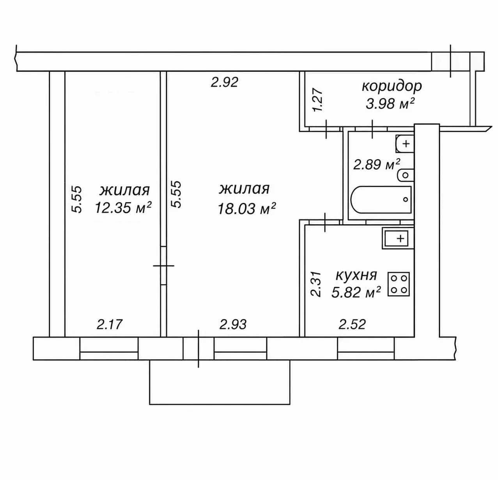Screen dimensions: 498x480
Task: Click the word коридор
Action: click(392, 87)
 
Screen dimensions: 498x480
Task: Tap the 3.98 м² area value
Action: click(390, 104)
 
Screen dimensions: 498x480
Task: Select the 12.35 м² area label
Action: click(123, 207)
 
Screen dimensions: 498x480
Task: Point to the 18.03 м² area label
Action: click(247, 208)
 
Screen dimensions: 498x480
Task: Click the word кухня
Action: click(356, 275)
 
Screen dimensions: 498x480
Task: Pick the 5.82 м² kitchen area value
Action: click(356, 292)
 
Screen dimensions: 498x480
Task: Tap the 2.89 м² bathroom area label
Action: click(376, 164)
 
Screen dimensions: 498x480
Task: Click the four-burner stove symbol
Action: click(399, 284)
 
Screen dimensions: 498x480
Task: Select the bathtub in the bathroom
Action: click(381, 200)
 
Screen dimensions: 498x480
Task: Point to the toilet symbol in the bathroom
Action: click(406, 175)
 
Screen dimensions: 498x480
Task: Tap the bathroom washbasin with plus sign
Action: click(405, 144)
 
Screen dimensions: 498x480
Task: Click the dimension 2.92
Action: click(225, 82)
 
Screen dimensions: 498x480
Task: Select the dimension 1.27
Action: click(319, 100)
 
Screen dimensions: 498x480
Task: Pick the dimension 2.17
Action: click(110, 324)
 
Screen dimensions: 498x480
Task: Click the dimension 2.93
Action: click(233, 324)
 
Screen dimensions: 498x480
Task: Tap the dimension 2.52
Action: click(352, 324)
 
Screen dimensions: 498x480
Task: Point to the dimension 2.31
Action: click(316, 284)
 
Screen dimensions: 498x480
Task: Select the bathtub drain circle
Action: click(405, 199)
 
